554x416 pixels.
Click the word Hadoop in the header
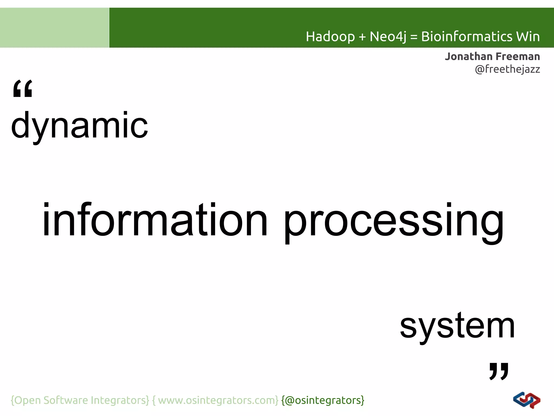point(330,37)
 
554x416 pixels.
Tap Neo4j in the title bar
point(388,37)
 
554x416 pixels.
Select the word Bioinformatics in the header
point(467,37)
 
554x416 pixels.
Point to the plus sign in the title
point(362,37)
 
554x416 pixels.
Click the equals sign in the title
point(414,37)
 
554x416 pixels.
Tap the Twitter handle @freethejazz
point(507,69)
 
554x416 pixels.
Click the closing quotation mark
point(499,371)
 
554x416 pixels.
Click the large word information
point(155,220)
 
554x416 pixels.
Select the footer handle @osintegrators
point(323,400)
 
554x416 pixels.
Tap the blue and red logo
point(526,400)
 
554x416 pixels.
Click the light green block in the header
point(54,28)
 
